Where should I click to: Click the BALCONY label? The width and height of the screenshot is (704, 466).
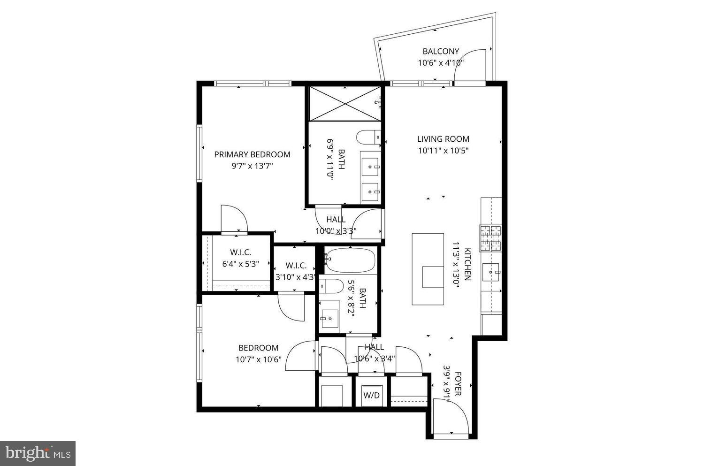pyautogui.click(x=441, y=51)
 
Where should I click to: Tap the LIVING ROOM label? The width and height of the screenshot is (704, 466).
pyautogui.click(x=443, y=139)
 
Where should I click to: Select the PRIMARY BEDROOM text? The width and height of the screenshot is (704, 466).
pyautogui.click(x=252, y=154)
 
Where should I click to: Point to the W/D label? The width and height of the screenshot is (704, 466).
pyautogui.click(x=372, y=395)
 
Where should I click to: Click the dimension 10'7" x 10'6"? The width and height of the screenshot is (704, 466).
pyautogui.click(x=258, y=359)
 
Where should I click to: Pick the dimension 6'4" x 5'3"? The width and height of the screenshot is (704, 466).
pyautogui.click(x=240, y=264)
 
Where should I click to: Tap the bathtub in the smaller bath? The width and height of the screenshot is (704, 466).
pyautogui.click(x=350, y=260)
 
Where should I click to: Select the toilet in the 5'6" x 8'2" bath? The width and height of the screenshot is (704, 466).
pyautogui.click(x=331, y=286)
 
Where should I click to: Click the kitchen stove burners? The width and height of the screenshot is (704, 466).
pyautogui.click(x=490, y=238)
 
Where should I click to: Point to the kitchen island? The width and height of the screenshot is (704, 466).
pyautogui.click(x=428, y=269)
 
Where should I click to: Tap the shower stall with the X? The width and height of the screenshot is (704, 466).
pyautogui.click(x=345, y=103)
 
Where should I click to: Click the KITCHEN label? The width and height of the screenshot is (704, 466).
pyautogui.click(x=467, y=264)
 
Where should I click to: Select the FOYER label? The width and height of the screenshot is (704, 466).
pyautogui.click(x=458, y=384)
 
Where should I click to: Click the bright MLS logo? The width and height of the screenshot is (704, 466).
pyautogui.click(x=38, y=453)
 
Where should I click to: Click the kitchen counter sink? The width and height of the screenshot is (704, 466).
pyautogui.click(x=491, y=272)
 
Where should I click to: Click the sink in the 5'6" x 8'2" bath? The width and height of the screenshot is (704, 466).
pyautogui.click(x=329, y=318)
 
